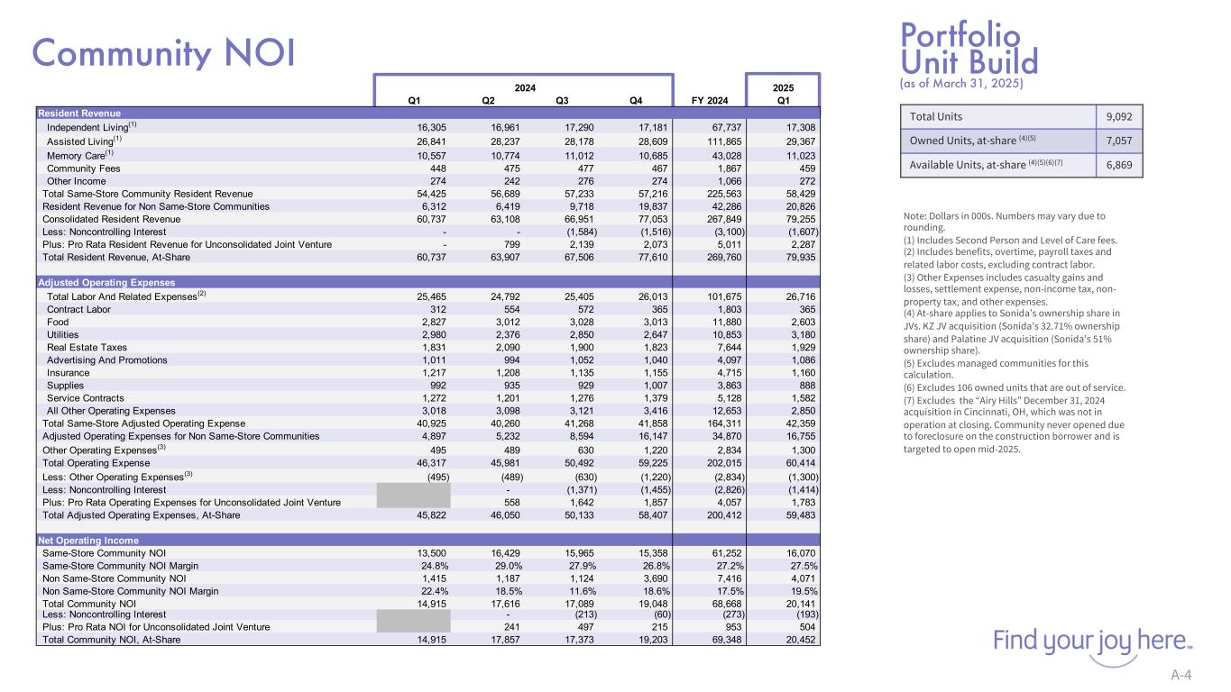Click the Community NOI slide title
pos(163,52)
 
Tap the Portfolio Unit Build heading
pos(969,50)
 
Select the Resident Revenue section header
pos(78,113)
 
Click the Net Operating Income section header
pos(87,540)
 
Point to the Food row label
pos(58,322)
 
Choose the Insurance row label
pos(68,372)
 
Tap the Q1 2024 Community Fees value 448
pos(440,168)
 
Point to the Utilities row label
pos(62,334)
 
